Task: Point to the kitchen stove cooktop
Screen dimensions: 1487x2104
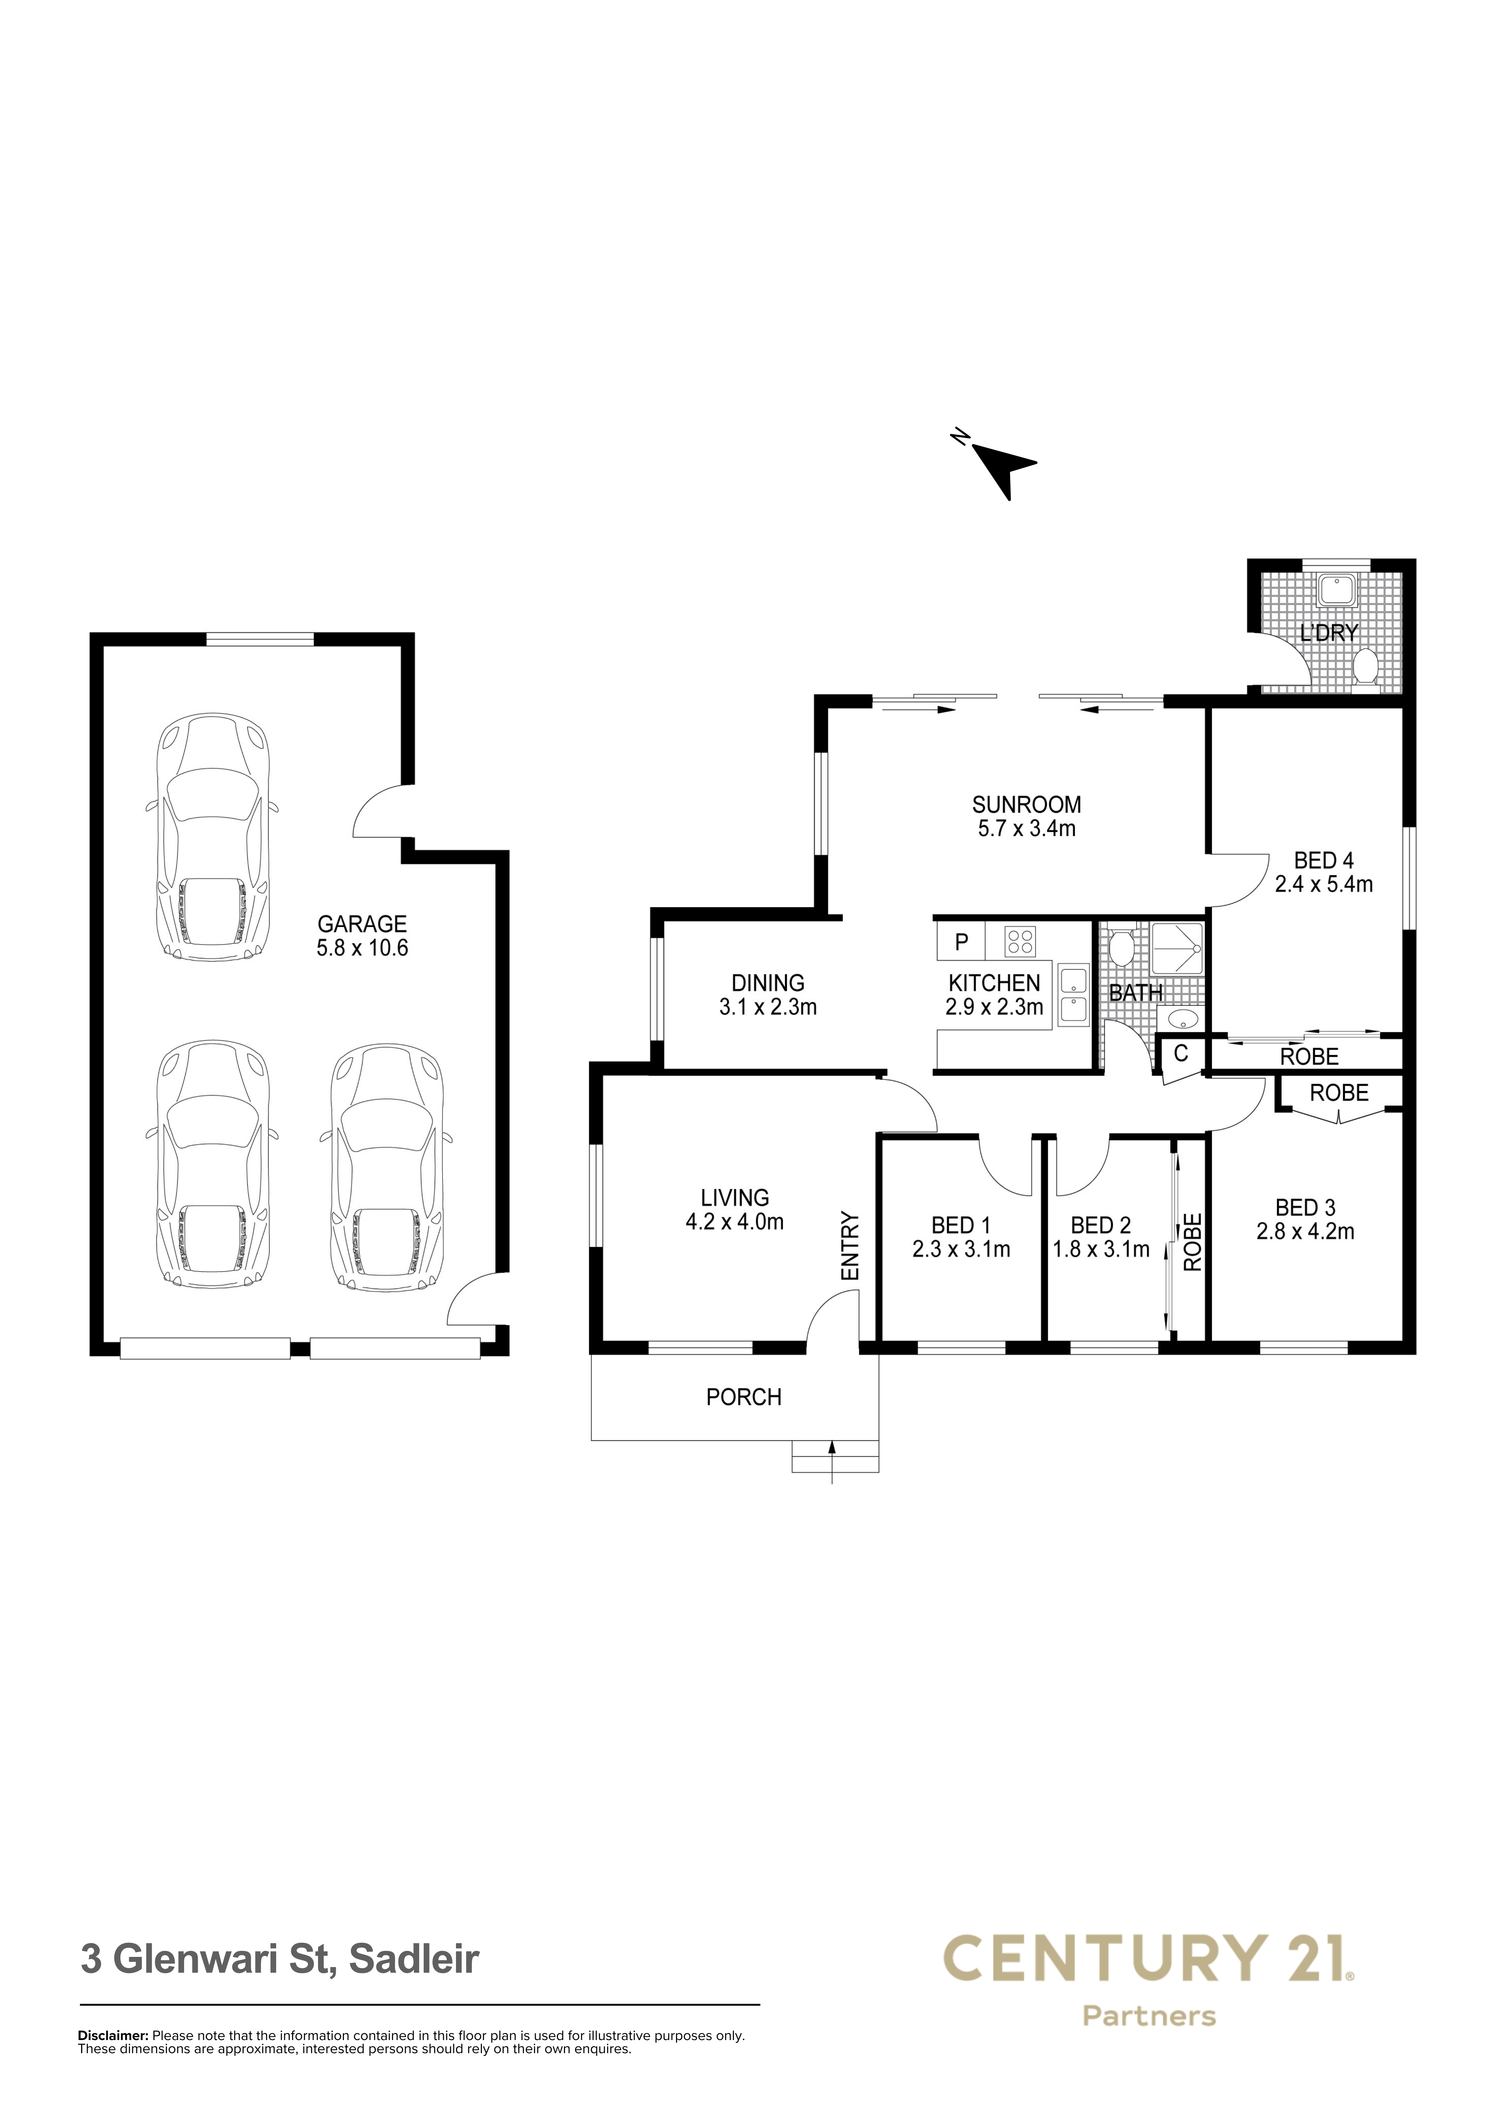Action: click(1020, 941)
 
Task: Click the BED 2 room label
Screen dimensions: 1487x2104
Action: click(1100, 1225)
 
